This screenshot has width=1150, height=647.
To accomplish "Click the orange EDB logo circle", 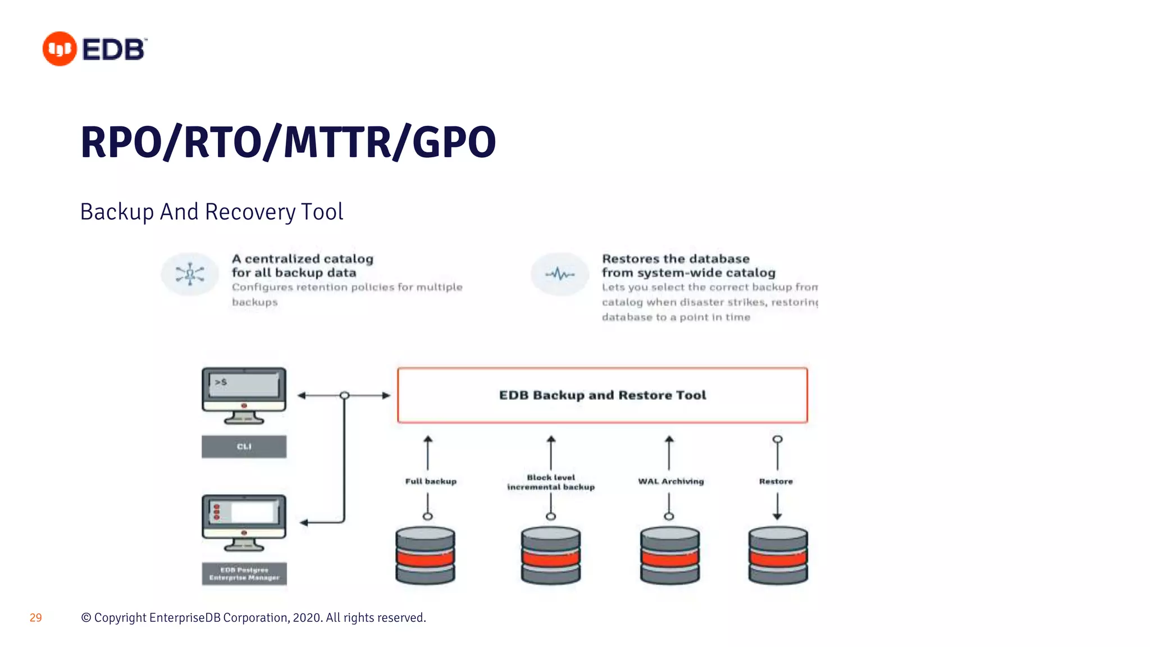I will [x=60, y=49].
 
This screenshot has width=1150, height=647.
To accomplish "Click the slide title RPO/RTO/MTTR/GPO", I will [x=288, y=142].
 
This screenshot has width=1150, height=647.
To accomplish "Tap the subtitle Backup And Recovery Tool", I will [x=212, y=212].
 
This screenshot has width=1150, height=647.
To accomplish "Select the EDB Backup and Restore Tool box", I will [x=602, y=395].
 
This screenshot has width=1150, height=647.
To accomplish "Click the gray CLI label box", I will [x=244, y=446].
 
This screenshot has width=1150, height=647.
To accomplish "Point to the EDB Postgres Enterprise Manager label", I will [x=244, y=573].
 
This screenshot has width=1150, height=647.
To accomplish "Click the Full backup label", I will [x=431, y=481].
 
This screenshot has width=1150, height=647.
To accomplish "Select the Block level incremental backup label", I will [x=550, y=482].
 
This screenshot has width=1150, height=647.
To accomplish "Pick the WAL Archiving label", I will [x=670, y=481].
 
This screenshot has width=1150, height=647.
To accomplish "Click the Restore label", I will [x=776, y=481].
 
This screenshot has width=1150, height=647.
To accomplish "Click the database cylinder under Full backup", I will [x=425, y=555].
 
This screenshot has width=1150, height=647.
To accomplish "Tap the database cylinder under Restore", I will [x=778, y=555].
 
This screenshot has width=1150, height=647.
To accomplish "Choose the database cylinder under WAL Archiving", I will [x=670, y=555].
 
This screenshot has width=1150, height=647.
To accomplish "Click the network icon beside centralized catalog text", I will [x=190, y=274].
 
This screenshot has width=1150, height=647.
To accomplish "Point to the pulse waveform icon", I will [x=560, y=274].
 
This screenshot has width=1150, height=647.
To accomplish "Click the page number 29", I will [x=35, y=618].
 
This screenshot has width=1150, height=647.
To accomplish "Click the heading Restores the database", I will [x=676, y=259].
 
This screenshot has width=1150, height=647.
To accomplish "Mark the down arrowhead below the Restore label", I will [x=777, y=516].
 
